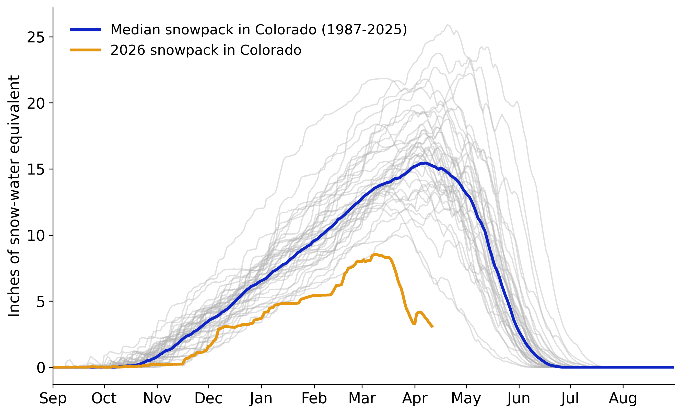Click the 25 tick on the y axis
(x=36, y=37)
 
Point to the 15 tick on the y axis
(x=36, y=169)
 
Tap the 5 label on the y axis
(x=40, y=301)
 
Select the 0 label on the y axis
(x=40, y=367)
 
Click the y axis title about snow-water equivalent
(x=14, y=196)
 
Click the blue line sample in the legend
(x=85, y=30)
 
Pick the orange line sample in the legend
(x=85, y=50)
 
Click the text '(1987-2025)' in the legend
(x=364, y=30)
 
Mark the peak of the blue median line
(x=425, y=163)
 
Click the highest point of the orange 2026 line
(x=375, y=254)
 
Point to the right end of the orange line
(x=432, y=327)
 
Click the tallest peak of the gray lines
(x=448, y=25)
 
